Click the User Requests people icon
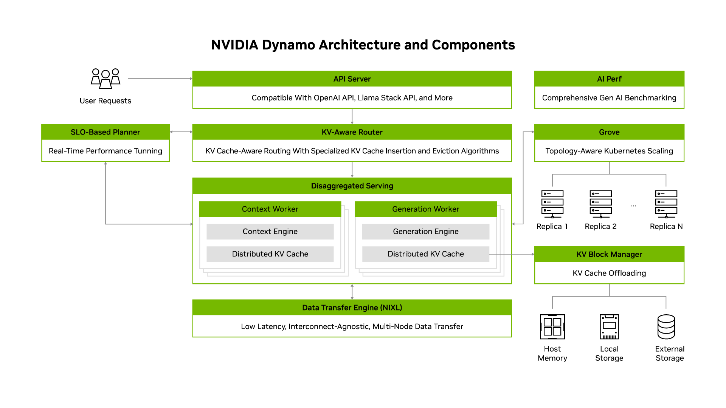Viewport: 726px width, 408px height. pyautogui.click(x=105, y=79)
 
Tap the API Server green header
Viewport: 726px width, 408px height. pyautogui.click(x=352, y=79)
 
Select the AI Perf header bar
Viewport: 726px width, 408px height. pyautogui.click(x=609, y=79)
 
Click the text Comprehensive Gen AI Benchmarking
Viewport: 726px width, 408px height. pyautogui.click(x=609, y=98)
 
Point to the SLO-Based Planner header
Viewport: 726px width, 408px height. pyautogui.click(x=105, y=132)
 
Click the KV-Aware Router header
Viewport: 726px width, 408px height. pyautogui.click(x=352, y=132)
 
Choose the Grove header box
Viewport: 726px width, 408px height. pyautogui.click(x=609, y=132)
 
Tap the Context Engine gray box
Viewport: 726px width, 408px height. pyautogui.click(x=270, y=232)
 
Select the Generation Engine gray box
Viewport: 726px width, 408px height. pyautogui.click(x=425, y=232)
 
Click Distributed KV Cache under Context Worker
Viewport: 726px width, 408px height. pyautogui.click(x=270, y=254)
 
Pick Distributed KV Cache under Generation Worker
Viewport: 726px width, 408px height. pyautogui.click(x=425, y=254)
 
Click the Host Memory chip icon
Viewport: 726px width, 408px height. pyautogui.click(x=552, y=327)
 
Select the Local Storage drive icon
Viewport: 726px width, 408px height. pyautogui.click(x=609, y=327)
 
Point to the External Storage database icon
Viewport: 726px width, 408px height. pyautogui.click(x=666, y=327)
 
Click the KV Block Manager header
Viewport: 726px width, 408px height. pyautogui.click(x=609, y=255)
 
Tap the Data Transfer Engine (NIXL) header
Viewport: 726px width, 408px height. pyautogui.click(x=352, y=308)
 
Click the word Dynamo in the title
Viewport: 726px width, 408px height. pyautogui.click(x=289, y=45)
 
